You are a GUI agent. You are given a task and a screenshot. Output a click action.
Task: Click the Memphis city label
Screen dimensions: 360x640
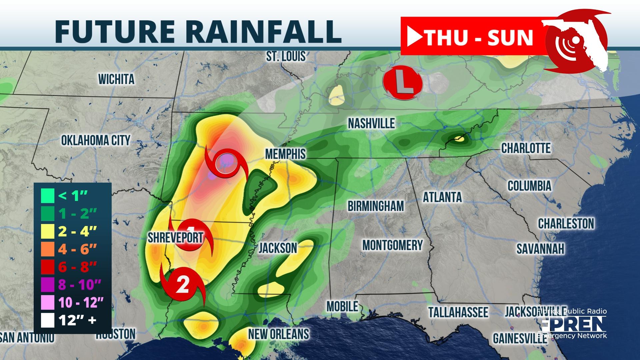point(285,154)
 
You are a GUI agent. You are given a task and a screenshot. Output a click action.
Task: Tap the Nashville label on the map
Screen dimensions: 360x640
point(371,123)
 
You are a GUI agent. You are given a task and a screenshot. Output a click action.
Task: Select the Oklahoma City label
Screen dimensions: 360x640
point(96,140)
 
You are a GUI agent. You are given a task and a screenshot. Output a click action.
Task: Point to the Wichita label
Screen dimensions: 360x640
point(116,79)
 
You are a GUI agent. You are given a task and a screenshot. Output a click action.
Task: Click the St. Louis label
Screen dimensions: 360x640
point(286,56)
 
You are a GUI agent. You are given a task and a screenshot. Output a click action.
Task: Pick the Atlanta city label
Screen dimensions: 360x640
point(442,197)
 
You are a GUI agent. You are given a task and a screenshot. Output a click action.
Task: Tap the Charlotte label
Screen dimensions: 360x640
point(526,148)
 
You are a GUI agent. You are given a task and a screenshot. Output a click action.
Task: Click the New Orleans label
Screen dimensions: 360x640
point(279,334)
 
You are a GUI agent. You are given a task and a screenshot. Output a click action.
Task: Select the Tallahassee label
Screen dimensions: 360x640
point(458,312)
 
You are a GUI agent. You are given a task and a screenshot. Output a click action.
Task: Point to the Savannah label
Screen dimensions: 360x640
point(540,249)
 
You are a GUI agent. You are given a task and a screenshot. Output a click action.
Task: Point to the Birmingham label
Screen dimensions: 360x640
point(376,206)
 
